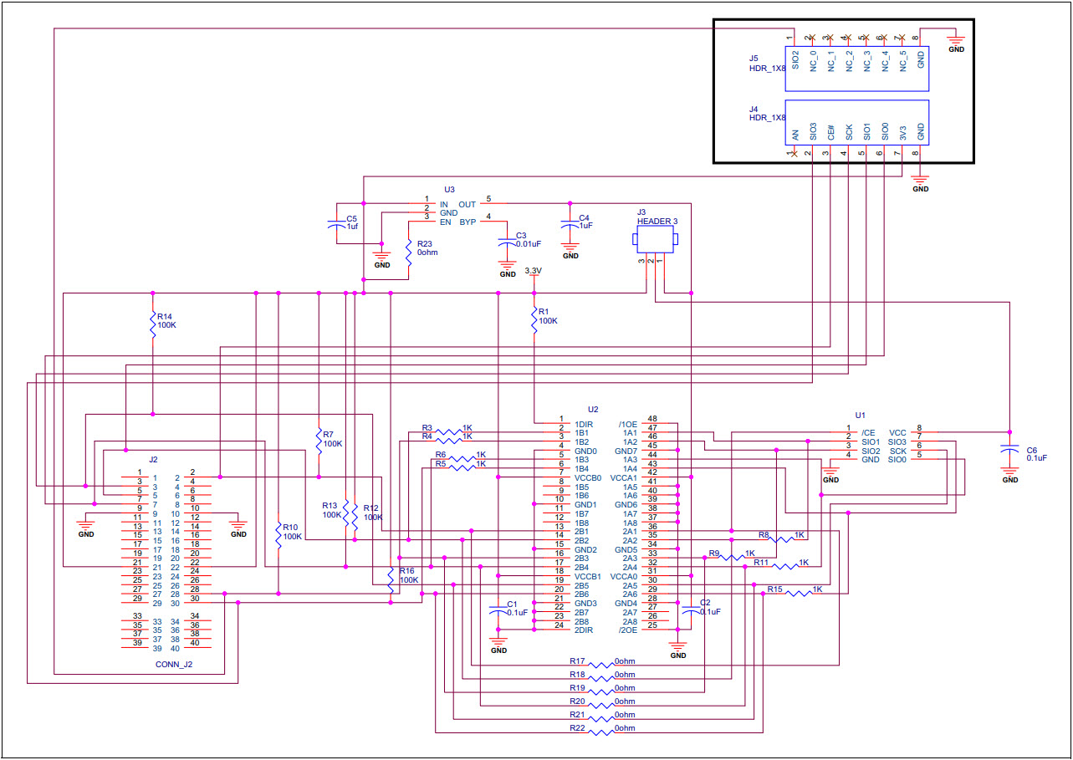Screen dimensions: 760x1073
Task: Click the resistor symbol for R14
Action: pyautogui.click(x=152, y=327)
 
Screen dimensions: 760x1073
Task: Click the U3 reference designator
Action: pyautogui.click(x=449, y=190)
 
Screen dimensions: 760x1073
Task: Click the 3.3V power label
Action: pyautogui.click(x=533, y=271)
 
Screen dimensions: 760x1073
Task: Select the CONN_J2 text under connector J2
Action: pyautogui.click(x=174, y=665)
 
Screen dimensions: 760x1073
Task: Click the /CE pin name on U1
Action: pyautogui.click(x=868, y=432)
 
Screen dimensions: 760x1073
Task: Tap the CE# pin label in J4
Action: pyautogui.click(x=830, y=131)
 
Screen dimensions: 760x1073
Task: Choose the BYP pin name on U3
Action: pyautogui.click(x=468, y=222)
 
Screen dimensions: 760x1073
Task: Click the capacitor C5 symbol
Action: pyautogui.click(x=335, y=223)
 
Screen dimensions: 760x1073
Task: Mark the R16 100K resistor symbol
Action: pyautogui.click(x=391, y=578)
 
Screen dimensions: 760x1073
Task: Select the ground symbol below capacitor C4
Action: pyautogui.click(x=570, y=251)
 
